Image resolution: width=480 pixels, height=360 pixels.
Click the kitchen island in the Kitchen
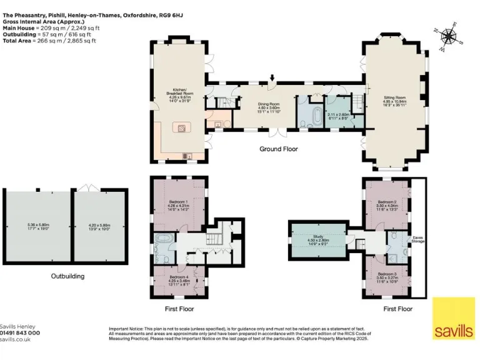click(x=182, y=128)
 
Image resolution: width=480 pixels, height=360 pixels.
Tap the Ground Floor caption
click(x=279, y=149)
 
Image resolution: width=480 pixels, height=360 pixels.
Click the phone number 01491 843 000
click(x=20, y=333)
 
